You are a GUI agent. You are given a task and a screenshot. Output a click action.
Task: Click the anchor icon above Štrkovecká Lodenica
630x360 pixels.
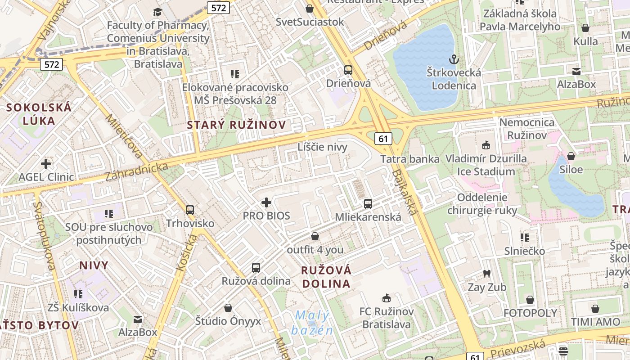454,59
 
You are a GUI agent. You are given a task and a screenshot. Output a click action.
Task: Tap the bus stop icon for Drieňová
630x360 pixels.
348,70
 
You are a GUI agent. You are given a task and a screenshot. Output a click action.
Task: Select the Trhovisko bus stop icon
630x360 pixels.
190,210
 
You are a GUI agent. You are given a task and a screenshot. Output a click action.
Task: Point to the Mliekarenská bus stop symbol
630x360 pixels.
368,203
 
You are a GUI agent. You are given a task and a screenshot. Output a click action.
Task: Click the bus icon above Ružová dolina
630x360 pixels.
256,267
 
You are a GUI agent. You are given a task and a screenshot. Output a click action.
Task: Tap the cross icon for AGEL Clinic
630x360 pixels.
46,163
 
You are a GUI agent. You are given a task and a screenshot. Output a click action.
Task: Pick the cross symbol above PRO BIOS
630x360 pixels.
266,202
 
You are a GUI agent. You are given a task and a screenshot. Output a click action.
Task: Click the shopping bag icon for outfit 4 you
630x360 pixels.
315,236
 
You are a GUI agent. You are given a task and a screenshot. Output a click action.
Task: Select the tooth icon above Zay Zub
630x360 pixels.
486,274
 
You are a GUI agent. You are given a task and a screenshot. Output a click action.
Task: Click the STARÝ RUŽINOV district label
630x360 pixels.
236,125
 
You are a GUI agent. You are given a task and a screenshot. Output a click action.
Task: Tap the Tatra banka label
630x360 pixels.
409,159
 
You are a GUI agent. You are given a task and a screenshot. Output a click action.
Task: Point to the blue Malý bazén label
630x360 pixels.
312,323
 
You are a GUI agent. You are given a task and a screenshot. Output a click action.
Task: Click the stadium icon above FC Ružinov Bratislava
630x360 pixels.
386,298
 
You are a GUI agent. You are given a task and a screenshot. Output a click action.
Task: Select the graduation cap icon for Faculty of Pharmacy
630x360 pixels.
157,12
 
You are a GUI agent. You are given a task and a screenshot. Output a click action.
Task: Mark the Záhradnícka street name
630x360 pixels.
137,172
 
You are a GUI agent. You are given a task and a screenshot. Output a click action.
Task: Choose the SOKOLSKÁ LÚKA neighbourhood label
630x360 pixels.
39,114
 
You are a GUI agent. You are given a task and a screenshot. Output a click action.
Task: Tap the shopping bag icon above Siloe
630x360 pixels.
571,156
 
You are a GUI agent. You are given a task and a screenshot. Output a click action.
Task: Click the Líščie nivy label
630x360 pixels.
322,147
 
